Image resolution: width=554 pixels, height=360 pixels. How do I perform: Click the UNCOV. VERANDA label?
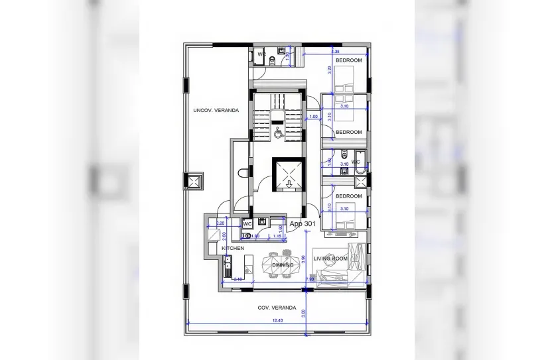(x=216, y=110)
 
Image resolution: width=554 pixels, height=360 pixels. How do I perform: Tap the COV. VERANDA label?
(x=277, y=308)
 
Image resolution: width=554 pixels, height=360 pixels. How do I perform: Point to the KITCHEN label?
(x=233, y=249)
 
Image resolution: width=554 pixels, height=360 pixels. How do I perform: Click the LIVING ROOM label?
(x=330, y=259)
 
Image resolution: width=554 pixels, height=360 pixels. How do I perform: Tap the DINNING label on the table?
(x=283, y=265)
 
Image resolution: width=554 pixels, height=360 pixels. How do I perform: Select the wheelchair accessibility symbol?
(x=279, y=133)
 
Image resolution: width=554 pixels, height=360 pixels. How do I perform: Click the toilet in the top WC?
(x=273, y=60)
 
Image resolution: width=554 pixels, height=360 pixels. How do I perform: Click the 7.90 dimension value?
(x=309, y=280)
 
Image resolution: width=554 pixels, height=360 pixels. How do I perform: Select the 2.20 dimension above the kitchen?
(x=220, y=223)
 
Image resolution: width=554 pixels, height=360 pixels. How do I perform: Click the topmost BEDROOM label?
(x=348, y=60)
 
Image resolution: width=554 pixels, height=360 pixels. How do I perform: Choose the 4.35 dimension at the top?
(x=335, y=51)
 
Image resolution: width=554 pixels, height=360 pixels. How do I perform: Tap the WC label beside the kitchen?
(x=246, y=224)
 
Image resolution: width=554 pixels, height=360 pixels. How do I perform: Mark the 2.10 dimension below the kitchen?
(x=237, y=279)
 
